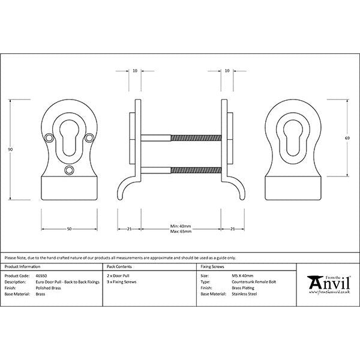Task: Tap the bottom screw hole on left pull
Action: coord(69,170)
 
